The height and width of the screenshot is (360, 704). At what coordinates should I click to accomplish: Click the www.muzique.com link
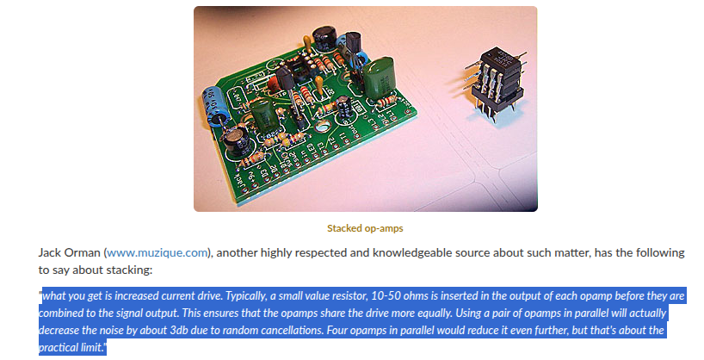[x=157, y=252]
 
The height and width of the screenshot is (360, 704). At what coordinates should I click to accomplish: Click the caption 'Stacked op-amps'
[x=365, y=228]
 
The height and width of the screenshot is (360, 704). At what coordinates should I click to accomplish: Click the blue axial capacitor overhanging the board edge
[x=216, y=107]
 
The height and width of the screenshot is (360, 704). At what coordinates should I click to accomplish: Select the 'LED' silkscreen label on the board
[x=310, y=152]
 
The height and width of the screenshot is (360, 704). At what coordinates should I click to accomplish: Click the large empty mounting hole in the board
[x=324, y=128]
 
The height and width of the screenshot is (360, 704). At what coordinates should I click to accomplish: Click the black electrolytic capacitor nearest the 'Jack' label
[x=236, y=140]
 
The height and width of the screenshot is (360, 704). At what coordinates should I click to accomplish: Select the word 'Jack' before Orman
[x=49, y=252]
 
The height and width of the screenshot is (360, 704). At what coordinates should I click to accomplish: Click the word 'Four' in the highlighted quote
[x=337, y=330]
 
